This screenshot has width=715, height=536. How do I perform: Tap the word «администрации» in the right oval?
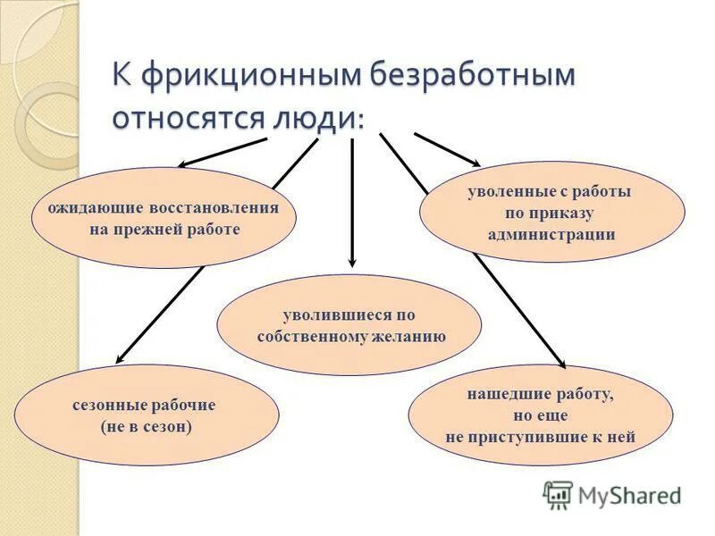click(x=551, y=234)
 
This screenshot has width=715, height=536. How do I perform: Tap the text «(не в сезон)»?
click(x=147, y=426)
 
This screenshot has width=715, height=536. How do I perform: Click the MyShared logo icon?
click(x=558, y=494)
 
